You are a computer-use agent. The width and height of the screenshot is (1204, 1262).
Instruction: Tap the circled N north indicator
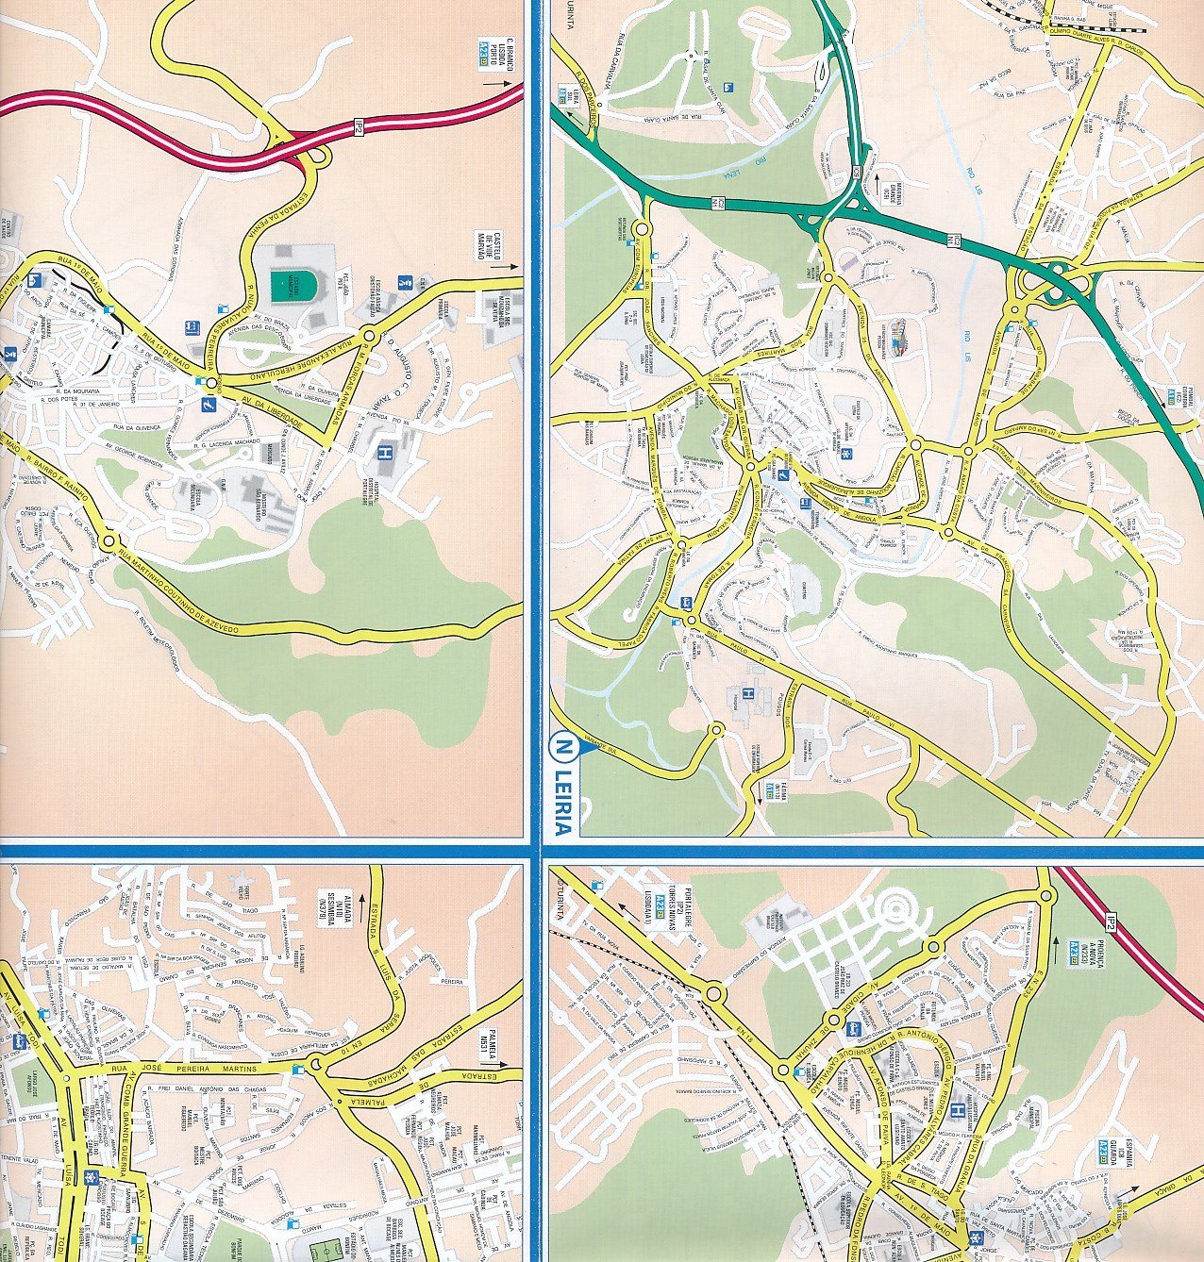[x=562, y=748]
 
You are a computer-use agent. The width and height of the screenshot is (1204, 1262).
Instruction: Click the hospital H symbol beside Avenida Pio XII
[x=385, y=453]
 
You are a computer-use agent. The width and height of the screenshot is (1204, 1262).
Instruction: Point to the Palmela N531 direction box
[x=488, y=1036]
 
